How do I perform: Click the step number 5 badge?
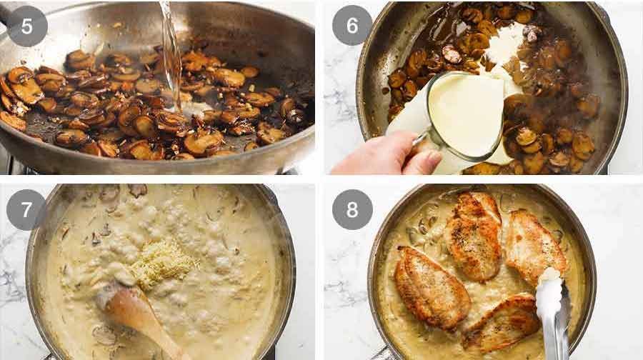27,26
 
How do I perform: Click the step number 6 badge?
352,26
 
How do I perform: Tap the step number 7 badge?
27,209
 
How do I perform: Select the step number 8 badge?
352,209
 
